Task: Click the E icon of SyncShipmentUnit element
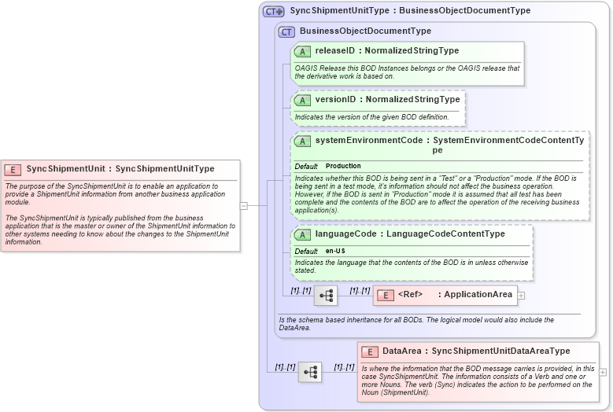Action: (x=13, y=169)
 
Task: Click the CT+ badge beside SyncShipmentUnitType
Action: (x=274, y=11)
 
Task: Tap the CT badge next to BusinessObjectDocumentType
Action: (x=287, y=31)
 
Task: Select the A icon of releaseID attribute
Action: (x=302, y=51)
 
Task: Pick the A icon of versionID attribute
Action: (x=302, y=100)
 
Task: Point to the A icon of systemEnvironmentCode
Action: (x=302, y=141)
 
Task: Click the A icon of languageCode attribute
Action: (x=302, y=234)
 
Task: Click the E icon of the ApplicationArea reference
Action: (x=386, y=295)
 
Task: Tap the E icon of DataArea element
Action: (x=370, y=351)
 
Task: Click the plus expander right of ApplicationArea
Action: (x=521, y=296)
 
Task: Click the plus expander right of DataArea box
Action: (x=603, y=372)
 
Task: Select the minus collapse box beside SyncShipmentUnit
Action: (x=244, y=206)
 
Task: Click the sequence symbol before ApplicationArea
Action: (x=325, y=296)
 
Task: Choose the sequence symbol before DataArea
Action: (x=309, y=372)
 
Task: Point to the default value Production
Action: (x=343, y=167)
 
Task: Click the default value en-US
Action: (x=335, y=251)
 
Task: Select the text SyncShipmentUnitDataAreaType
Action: (x=500, y=351)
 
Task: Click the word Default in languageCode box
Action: (x=306, y=251)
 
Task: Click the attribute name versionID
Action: (x=335, y=100)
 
